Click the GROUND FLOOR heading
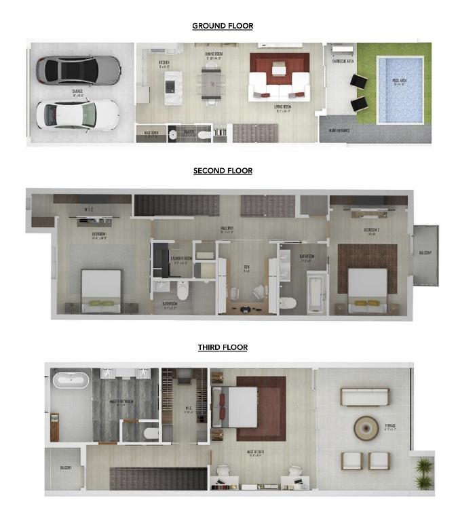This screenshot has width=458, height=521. click(x=223, y=26)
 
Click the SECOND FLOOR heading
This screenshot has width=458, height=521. click(x=223, y=170)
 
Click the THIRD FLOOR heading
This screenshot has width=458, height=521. click(x=223, y=347)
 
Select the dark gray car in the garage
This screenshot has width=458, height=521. click(x=77, y=69)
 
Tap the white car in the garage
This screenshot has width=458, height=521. click(x=77, y=114)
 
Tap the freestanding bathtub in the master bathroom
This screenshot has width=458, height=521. click(x=71, y=380)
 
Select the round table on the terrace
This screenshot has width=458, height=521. click(x=366, y=427)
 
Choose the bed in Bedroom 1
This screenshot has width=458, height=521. click(x=101, y=290)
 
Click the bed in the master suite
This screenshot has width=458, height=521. click(x=237, y=407)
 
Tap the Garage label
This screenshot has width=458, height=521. click(x=77, y=91)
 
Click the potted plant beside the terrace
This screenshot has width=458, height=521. click(x=423, y=472)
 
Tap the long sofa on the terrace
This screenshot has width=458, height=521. click(x=364, y=398)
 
